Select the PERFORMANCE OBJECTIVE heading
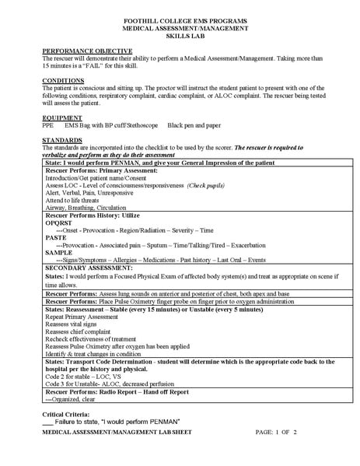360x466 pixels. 79,50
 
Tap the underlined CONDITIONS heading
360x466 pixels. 64,80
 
